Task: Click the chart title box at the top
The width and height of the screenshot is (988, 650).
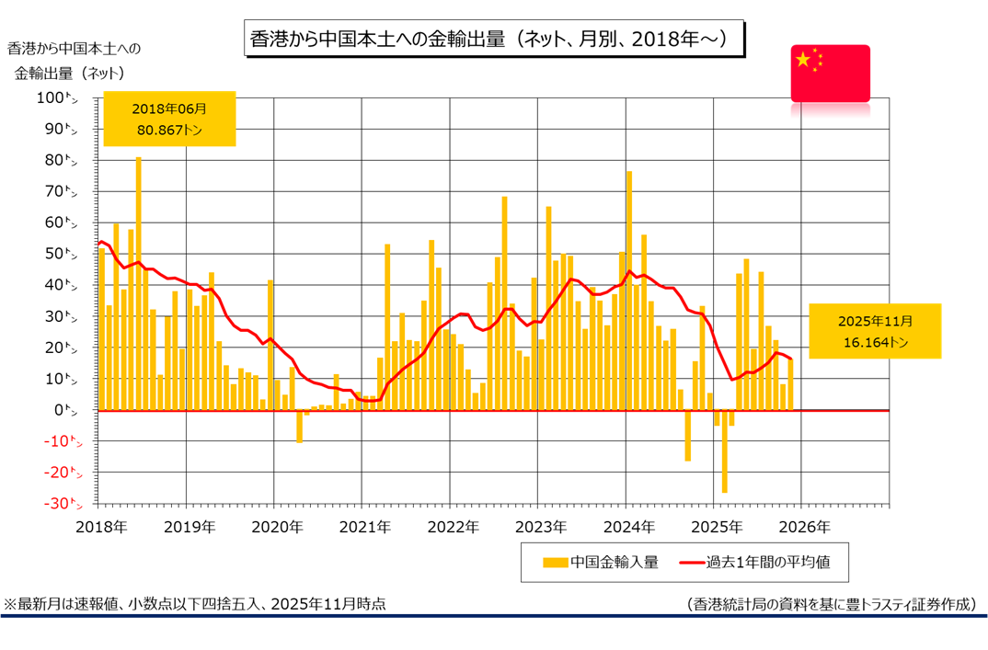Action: pyautogui.click(x=493, y=40)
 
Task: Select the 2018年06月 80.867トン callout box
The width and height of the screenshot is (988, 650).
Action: pyautogui.click(x=169, y=119)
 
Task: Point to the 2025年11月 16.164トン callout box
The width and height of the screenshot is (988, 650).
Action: pyautogui.click(x=875, y=331)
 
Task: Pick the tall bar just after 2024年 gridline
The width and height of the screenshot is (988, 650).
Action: pyautogui.click(x=629, y=290)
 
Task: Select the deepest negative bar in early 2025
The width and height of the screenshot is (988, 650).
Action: pyautogui.click(x=724, y=451)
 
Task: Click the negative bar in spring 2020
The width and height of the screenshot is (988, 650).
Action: pyautogui.click(x=299, y=427)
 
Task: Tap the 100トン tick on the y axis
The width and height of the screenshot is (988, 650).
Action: pyautogui.click(x=63, y=98)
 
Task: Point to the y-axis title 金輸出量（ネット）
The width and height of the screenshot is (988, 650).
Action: pyautogui.click(x=70, y=71)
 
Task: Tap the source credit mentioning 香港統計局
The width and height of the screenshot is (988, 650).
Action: pyautogui.click(x=831, y=604)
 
